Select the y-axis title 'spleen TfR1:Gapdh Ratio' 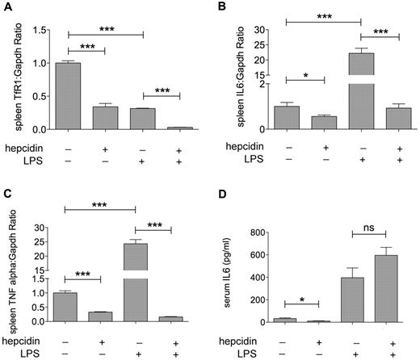click(x=23, y=73)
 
